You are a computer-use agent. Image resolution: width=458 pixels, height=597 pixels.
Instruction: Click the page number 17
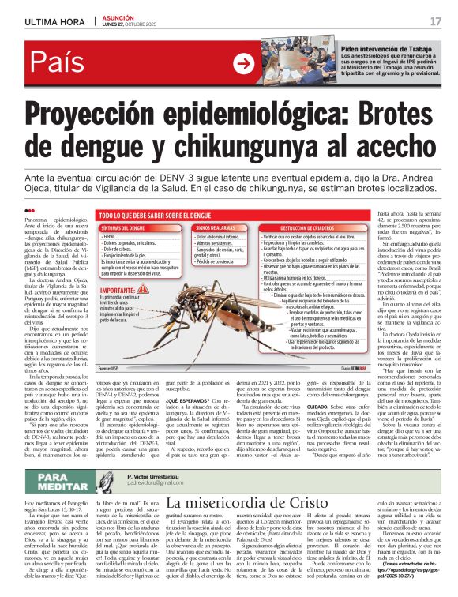435,21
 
